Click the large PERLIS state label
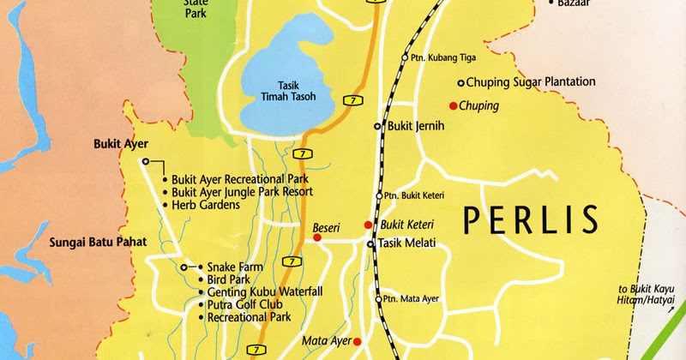point(529,220)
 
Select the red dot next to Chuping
point(453,105)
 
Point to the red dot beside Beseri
point(316,237)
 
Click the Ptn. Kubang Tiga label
point(443,58)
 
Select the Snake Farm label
point(234,267)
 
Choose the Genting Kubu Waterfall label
point(264,292)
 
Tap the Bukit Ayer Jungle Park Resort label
point(242,192)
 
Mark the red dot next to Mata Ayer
point(358,341)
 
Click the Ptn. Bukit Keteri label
point(415,195)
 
